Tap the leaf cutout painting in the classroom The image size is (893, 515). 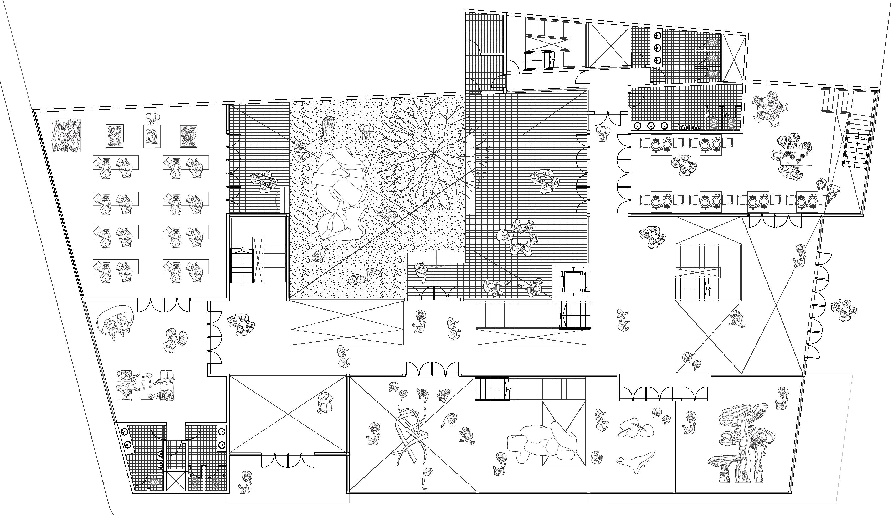(x=115, y=136)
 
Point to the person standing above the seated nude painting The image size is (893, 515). (x=152, y=118)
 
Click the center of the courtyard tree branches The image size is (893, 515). (x=434, y=154)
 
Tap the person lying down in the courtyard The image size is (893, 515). (x=366, y=276)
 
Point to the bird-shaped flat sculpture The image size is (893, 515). (x=635, y=462)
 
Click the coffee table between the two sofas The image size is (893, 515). (x=146, y=385)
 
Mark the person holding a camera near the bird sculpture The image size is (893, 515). (x=596, y=458)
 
